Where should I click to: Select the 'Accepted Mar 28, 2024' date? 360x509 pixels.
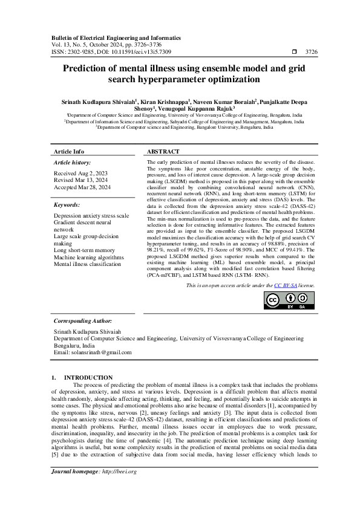(x=82, y=187)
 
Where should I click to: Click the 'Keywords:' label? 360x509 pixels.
(x=67, y=205)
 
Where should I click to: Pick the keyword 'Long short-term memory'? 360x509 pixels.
(x=84, y=250)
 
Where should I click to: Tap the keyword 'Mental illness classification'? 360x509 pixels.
(x=87, y=264)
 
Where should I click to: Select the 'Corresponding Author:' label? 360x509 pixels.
(x=83, y=320)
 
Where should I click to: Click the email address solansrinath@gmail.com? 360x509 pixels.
(x=106, y=352)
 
